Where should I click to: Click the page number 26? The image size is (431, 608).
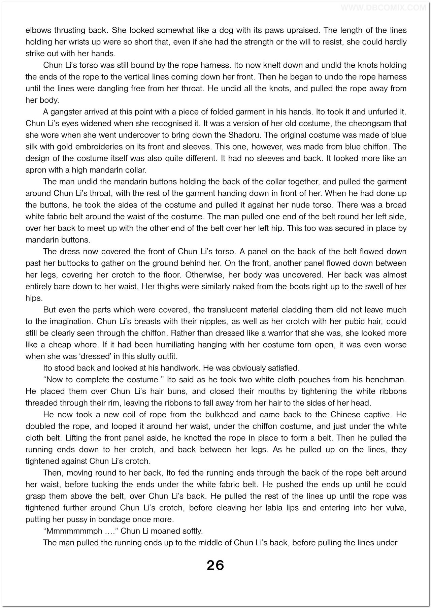click(215, 565)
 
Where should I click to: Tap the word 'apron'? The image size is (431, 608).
click(37, 170)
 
